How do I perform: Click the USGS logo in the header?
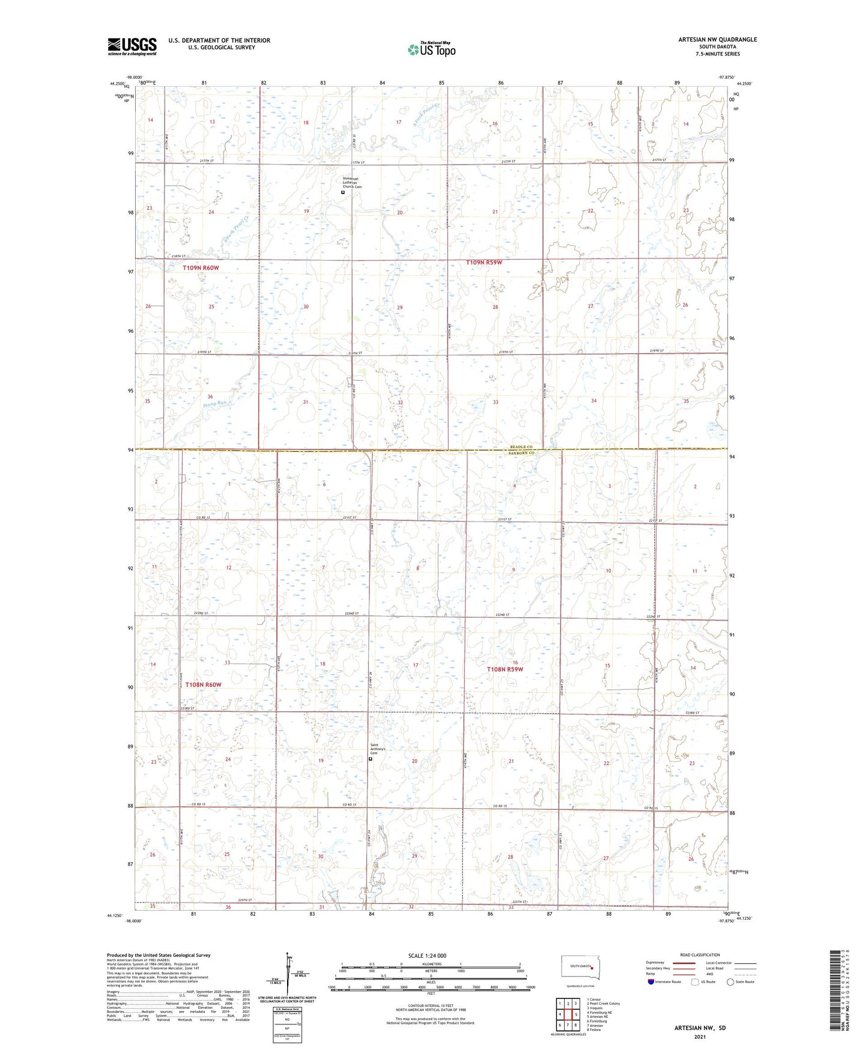click(132, 46)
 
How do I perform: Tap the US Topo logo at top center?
click(431, 49)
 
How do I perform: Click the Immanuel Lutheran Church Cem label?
click(352, 183)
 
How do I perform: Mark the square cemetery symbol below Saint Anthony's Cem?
click(370, 759)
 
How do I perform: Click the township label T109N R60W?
click(201, 267)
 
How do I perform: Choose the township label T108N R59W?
click(505, 669)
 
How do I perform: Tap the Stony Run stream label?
click(216, 404)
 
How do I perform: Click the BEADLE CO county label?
click(521, 447)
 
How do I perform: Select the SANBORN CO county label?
click(521, 453)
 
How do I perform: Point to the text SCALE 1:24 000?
click(427, 955)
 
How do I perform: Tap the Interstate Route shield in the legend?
click(651, 982)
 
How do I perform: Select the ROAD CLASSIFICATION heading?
click(700, 955)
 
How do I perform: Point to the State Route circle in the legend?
click(730, 982)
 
